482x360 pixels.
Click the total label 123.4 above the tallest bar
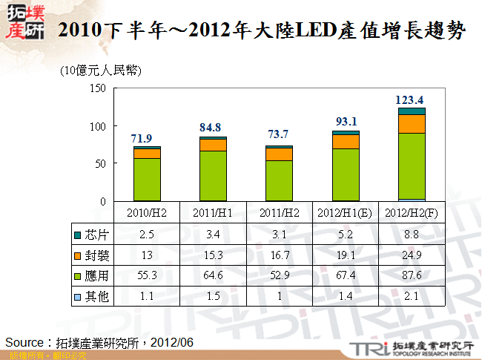[410, 100]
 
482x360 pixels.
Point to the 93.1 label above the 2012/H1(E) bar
[346, 122]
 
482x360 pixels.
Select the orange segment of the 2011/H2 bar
[280, 154]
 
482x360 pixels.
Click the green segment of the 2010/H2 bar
[147, 179]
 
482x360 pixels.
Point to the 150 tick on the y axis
[97, 88]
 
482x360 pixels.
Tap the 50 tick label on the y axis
[100, 163]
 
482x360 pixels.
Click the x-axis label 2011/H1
[213, 212]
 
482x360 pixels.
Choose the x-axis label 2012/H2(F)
[412, 212]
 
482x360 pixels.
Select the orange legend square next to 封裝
[78, 254]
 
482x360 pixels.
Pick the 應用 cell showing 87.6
[412, 275]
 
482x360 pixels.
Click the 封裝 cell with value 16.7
[280, 255]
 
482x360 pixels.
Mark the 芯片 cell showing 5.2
[346, 235]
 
